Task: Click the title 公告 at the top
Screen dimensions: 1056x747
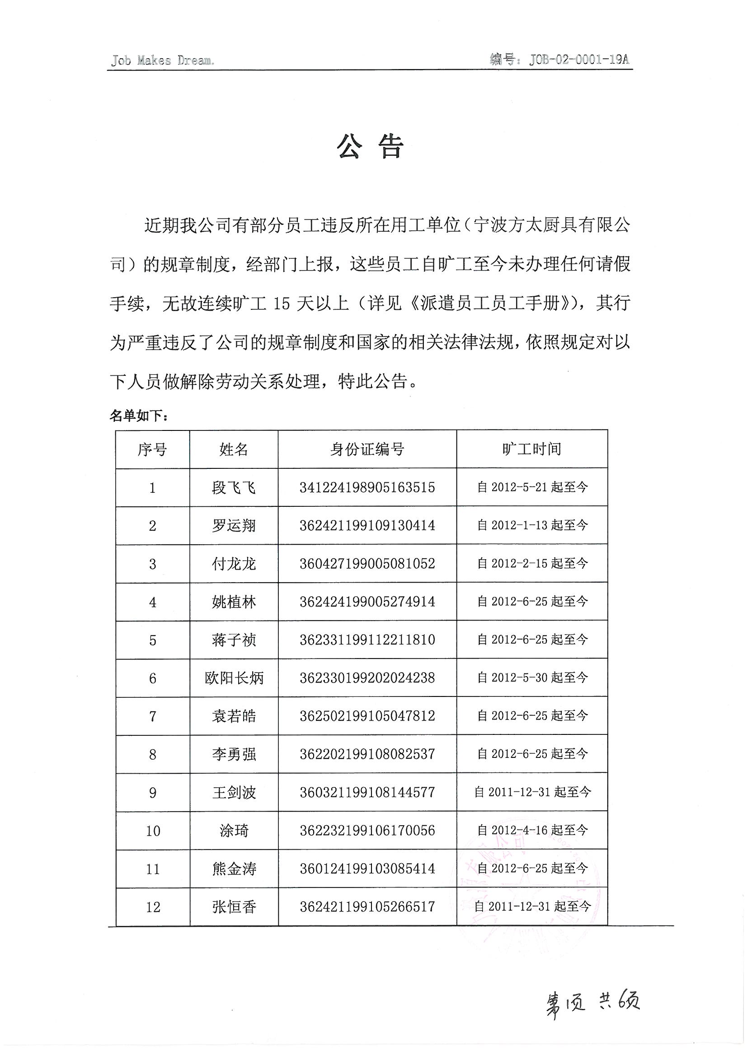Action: (371, 147)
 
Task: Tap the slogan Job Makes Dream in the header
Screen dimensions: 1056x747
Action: (162, 60)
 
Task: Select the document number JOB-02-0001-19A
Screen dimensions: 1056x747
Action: (559, 59)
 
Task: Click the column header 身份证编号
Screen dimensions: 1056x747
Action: (367, 449)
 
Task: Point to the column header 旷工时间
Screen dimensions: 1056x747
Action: (531, 449)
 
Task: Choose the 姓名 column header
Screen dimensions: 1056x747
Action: (234, 449)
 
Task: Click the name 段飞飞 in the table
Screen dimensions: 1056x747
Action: (234, 487)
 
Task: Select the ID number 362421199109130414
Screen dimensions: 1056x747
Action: (367, 525)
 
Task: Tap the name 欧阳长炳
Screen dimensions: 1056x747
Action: (234, 678)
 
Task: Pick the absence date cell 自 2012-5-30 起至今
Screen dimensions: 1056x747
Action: (532, 678)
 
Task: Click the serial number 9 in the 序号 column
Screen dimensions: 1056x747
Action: (153, 793)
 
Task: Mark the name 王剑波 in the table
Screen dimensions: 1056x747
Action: (234, 793)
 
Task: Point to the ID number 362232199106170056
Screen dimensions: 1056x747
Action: (367, 831)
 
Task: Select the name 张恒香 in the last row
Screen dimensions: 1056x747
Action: (234, 907)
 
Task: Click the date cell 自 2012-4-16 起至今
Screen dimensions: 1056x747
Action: (532, 830)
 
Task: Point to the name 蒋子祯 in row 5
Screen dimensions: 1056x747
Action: (234, 640)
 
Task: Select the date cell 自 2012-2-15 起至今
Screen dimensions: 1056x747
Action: (532, 563)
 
